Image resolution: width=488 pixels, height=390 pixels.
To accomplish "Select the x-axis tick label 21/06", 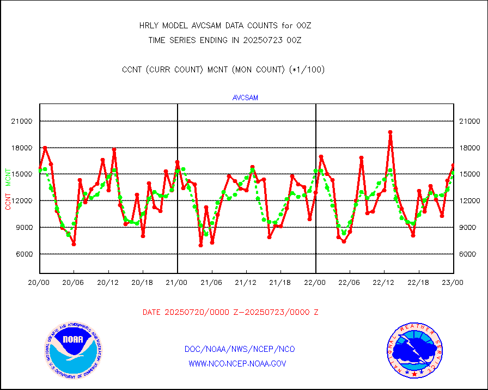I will pos(211,283).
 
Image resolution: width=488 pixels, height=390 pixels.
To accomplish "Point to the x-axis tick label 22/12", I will pos(385,283).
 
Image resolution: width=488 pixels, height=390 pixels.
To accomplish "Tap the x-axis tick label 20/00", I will pos(39,283).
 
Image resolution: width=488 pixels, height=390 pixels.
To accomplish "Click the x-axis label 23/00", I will pos(454,283).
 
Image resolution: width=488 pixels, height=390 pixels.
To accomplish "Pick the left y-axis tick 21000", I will pos(22,121).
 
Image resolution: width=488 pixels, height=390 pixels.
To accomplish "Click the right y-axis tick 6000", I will pos(469,254).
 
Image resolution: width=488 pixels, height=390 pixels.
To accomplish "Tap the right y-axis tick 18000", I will pos(469,148).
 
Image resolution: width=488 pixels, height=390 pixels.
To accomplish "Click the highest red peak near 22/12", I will pos(390,132).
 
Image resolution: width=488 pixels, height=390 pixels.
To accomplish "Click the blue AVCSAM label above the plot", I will pos(245,98).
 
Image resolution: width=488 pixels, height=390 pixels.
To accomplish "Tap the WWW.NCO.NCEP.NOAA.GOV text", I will pos(237,363).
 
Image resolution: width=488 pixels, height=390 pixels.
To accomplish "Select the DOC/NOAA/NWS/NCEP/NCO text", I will pos(240,349).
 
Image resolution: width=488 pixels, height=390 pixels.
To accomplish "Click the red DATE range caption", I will pos(230,312).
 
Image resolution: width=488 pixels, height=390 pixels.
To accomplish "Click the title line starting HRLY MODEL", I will pos(225,26).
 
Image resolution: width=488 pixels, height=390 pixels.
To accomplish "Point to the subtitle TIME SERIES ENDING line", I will pos(225,40).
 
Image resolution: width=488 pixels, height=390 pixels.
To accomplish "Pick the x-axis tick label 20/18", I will pos(143,283).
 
